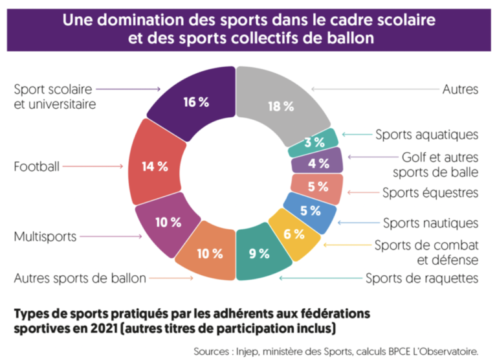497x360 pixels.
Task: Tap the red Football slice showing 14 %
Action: tap(156, 166)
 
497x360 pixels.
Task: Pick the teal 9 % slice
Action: tap(259, 253)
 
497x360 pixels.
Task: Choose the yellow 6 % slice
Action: tap(294, 234)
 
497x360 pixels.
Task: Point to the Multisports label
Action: tap(45, 236)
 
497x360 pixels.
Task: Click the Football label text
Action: tap(37, 166)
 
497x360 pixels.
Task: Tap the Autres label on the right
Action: tap(460, 89)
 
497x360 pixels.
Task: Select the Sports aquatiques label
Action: tap(426, 135)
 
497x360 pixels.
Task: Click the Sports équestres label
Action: tap(430, 192)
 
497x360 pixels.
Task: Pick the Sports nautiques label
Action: tap(430, 223)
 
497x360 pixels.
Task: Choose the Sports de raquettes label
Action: tap(422, 278)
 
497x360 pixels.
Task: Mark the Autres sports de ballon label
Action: tap(80, 278)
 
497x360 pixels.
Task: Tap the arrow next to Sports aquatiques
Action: tap(355, 135)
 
